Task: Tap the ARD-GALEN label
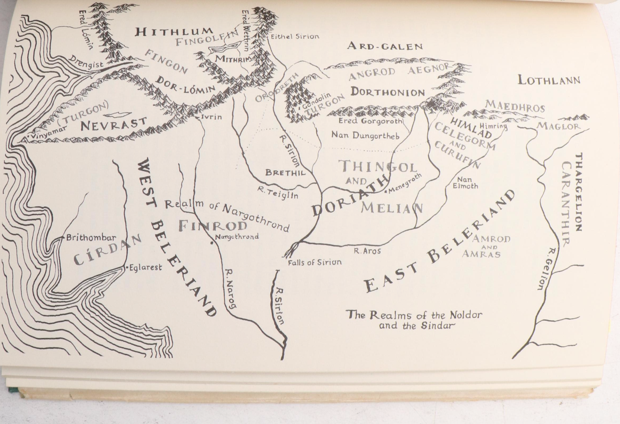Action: (385, 46)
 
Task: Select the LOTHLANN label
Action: (549, 80)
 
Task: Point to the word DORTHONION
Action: (387, 92)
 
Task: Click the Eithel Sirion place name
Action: (295, 37)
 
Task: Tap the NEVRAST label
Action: (114, 124)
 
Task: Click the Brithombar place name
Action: (91, 238)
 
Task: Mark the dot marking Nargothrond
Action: (211, 243)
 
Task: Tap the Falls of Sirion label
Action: (315, 262)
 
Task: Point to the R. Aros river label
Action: (367, 251)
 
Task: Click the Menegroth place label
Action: (405, 184)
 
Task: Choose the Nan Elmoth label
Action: (465, 183)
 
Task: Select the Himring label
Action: (493, 126)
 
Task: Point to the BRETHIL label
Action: (285, 173)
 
